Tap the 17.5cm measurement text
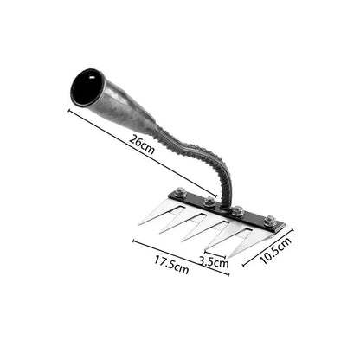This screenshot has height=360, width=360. pos(171,264)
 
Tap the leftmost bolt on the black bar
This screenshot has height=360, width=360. pos(179,193)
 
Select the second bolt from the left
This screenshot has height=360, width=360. pos(209,202)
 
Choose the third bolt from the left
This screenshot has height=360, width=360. pos(236,210)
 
